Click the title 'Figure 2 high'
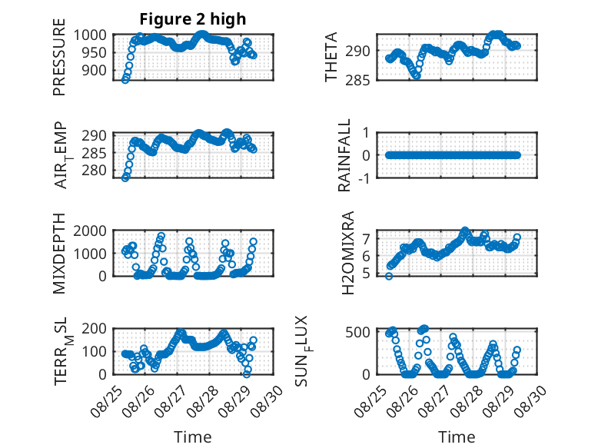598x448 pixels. (x=193, y=19)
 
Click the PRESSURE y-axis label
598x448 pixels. (x=59, y=57)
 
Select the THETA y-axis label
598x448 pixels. (x=331, y=57)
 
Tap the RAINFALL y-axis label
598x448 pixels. (x=344, y=154)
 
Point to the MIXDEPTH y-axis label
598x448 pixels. (x=59, y=253)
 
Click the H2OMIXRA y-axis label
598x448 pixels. (x=348, y=253)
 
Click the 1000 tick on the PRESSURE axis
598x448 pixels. (x=90, y=35)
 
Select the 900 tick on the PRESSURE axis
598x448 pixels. (x=94, y=70)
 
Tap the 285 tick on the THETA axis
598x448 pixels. (x=357, y=81)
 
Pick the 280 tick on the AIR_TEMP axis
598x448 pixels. (x=94, y=170)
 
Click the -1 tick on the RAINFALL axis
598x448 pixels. (x=364, y=178)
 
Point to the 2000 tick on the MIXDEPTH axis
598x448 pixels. (x=90, y=231)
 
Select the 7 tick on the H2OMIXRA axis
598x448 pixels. (x=366, y=239)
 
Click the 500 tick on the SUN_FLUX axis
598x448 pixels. (x=357, y=332)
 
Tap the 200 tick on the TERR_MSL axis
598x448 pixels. (x=94, y=329)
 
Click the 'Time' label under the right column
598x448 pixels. (x=457, y=437)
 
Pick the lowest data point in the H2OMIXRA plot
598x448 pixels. (x=389, y=277)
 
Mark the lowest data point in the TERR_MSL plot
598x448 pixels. (x=247, y=374)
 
